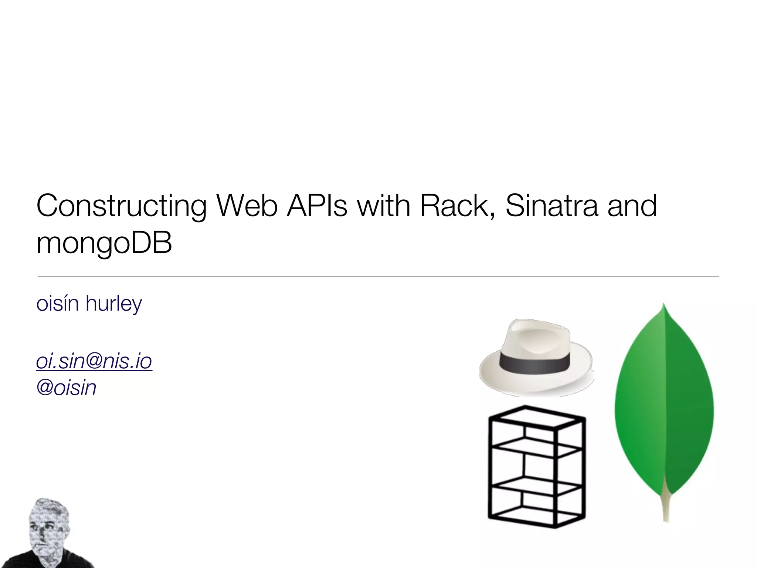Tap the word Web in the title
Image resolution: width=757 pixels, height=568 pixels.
click(x=247, y=206)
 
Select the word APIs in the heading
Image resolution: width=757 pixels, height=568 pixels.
click(x=317, y=206)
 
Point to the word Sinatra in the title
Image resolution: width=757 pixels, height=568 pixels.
click(x=551, y=206)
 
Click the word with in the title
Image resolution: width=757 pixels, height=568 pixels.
click(x=384, y=206)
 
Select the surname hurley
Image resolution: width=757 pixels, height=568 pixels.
click(x=113, y=304)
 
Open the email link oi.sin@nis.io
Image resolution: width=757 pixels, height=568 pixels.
click(x=94, y=361)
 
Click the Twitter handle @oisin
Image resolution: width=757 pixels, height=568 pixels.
click(x=67, y=388)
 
